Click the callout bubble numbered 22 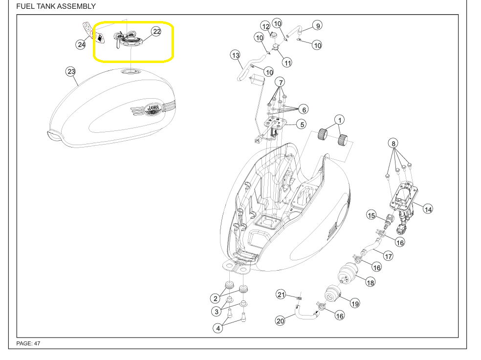coord(156,31)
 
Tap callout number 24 coord(81,44)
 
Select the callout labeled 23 coord(71,71)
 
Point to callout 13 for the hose coord(235,55)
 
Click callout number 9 coord(318,26)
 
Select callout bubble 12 coord(265,26)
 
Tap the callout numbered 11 coord(287,63)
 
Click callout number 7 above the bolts coord(280,82)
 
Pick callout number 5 coord(302,125)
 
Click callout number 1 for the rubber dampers coord(339,120)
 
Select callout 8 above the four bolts coord(394,143)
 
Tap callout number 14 coord(428,209)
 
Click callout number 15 coord(371,215)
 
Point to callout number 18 coord(370,282)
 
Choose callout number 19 coord(355,303)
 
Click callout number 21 coord(281,295)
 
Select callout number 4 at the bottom coord(218,328)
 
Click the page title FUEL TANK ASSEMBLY coord(56,6)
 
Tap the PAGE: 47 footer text coord(28,343)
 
